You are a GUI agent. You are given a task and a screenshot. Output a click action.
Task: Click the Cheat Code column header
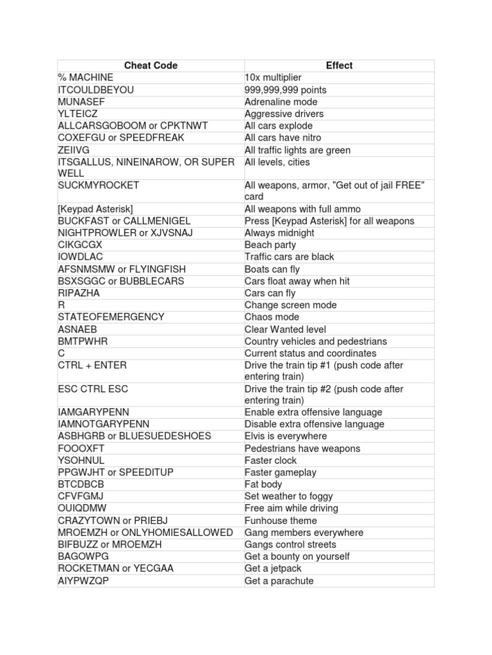[x=151, y=65]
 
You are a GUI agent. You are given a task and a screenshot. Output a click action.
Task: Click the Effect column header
[x=339, y=65]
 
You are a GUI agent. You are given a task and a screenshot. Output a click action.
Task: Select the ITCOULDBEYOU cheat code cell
[x=96, y=90]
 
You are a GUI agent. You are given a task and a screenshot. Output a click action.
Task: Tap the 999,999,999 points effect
[x=285, y=90]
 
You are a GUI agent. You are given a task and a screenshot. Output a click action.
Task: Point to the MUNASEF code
[x=81, y=102]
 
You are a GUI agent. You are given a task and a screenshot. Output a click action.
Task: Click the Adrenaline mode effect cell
[x=281, y=102]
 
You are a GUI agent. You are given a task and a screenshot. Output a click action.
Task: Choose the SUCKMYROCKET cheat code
[x=98, y=185]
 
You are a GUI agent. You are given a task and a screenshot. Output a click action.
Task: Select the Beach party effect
[x=271, y=245]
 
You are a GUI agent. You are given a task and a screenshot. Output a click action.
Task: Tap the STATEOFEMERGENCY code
[x=111, y=317]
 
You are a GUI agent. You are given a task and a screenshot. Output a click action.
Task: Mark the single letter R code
[x=61, y=305]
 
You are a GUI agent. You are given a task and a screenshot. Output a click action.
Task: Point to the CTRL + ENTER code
[x=92, y=365]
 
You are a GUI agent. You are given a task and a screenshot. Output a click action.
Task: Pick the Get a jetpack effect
[x=273, y=569]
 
